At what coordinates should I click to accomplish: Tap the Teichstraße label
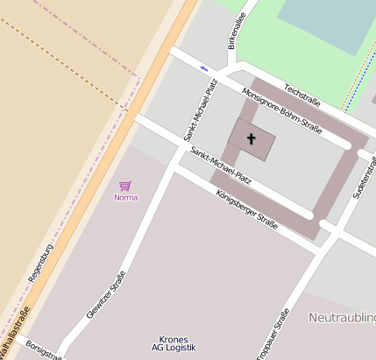coord(302,95)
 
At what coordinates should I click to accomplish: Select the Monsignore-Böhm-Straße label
coord(281,113)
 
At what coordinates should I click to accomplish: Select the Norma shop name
coord(126,197)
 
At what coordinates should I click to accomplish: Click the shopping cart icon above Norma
coord(125,186)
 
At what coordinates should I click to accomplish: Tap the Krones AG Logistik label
coord(174,343)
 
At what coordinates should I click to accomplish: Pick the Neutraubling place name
coord(342,317)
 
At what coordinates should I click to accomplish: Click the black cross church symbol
coord(252,138)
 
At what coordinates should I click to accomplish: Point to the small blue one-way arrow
coord(204,67)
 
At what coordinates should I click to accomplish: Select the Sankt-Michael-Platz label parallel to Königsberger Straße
coord(221,166)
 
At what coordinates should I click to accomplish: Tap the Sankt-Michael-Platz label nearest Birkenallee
coord(200,109)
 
